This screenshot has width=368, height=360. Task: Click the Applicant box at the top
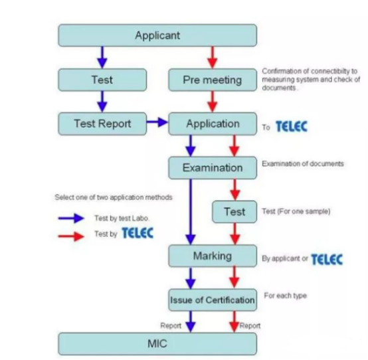pos(157,35)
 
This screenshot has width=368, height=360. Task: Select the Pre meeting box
pos(213,80)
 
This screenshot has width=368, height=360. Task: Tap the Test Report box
pos(102,124)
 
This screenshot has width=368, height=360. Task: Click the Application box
pos(213,124)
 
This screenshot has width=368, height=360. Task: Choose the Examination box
pos(213,168)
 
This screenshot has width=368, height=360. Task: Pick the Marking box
pos(213,256)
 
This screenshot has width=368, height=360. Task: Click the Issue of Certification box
pos(213,300)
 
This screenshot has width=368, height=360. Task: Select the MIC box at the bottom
pos(157,344)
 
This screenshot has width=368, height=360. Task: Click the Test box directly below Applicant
pos(102,80)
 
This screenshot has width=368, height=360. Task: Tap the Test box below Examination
pos(234,212)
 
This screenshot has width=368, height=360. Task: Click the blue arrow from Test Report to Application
pos(157,122)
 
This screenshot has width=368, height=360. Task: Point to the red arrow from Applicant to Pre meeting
pos(213,58)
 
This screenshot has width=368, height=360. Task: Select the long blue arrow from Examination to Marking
pos(191,212)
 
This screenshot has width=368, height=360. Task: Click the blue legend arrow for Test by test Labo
pos(71,219)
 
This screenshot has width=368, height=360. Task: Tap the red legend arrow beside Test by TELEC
pos(71,236)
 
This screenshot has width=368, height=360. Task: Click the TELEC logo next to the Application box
pos(292,126)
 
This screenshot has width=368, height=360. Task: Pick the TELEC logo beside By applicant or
pos(327,259)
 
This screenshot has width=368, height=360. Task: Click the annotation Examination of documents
pos(303,163)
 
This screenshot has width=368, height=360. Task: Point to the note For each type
pos(286,296)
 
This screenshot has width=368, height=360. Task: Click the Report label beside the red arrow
pos(250,325)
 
